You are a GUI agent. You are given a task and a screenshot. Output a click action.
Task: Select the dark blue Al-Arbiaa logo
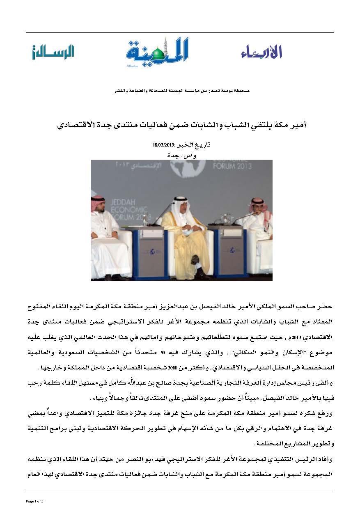point(261,52)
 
